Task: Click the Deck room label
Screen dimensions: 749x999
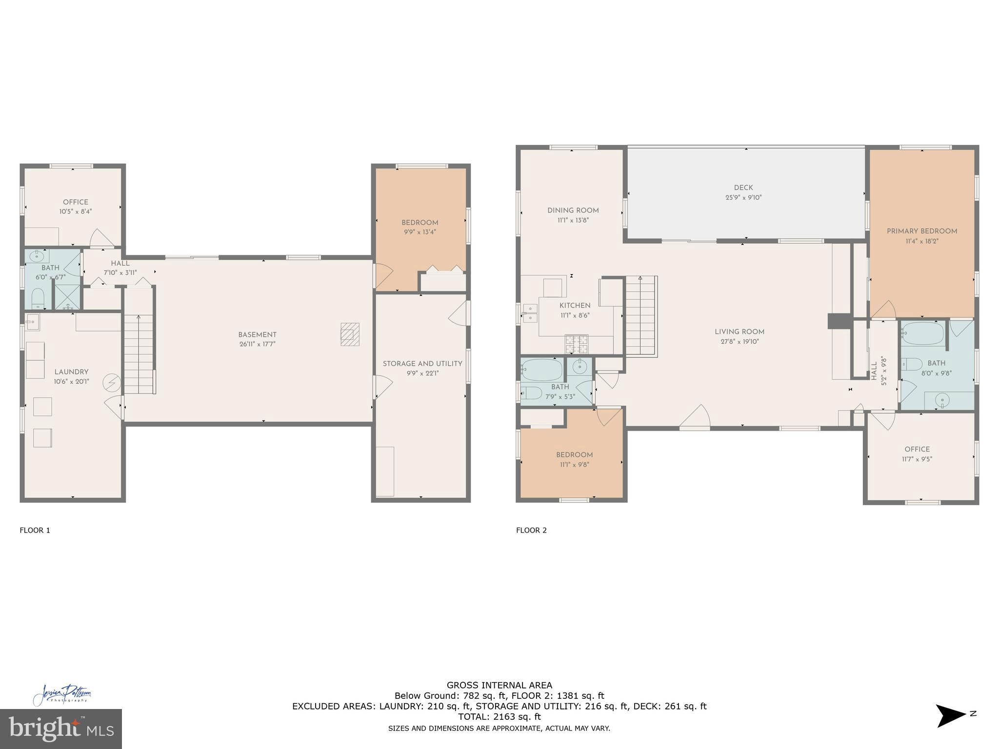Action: click(x=743, y=188)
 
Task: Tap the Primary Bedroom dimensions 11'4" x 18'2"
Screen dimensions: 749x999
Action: click(x=921, y=241)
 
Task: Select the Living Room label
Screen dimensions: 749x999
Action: click(x=739, y=332)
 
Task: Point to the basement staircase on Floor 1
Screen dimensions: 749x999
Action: click(x=139, y=341)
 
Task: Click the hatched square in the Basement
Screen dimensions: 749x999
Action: click(x=350, y=334)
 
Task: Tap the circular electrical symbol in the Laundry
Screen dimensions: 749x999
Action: click(x=111, y=383)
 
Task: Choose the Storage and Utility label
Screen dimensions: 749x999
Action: click(x=422, y=364)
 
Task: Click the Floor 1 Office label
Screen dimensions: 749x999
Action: click(x=76, y=202)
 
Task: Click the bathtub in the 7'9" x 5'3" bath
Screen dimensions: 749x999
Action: click(x=541, y=369)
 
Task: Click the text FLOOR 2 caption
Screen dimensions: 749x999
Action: click(x=531, y=530)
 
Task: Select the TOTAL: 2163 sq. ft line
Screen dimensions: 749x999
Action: click(x=499, y=717)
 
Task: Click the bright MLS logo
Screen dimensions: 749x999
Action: click(x=60, y=729)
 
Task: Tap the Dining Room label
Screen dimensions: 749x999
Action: click(x=573, y=211)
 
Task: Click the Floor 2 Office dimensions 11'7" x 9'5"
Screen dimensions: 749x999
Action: click(x=917, y=459)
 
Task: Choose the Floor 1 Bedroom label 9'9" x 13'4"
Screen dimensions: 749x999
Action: click(x=420, y=232)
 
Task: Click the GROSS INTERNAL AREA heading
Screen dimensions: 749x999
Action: click(x=499, y=685)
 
